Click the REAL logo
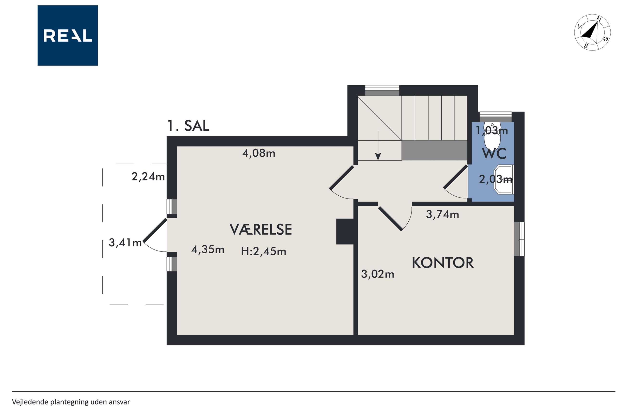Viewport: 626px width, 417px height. click(68, 35)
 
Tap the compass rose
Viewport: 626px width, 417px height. click(592, 32)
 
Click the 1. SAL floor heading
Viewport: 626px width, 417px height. click(188, 126)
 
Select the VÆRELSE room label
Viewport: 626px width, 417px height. click(261, 229)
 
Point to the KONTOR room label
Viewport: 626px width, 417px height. click(443, 263)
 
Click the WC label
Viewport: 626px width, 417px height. click(494, 154)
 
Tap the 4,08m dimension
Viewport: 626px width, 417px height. click(259, 153)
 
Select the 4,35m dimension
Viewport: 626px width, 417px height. click(208, 250)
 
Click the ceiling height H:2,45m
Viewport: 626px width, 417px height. click(264, 251)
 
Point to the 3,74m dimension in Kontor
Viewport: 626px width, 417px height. click(443, 214)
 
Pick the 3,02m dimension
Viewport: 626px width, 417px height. click(378, 274)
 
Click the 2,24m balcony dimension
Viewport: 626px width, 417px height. click(148, 177)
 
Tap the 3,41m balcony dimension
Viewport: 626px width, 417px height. click(125, 243)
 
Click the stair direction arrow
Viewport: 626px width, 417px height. click(378, 146)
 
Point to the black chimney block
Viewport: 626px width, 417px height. click(345, 231)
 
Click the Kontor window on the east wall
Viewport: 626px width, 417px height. click(519, 239)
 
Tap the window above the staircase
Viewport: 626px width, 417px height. click(382, 90)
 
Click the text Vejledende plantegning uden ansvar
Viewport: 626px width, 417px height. click(71, 402)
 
